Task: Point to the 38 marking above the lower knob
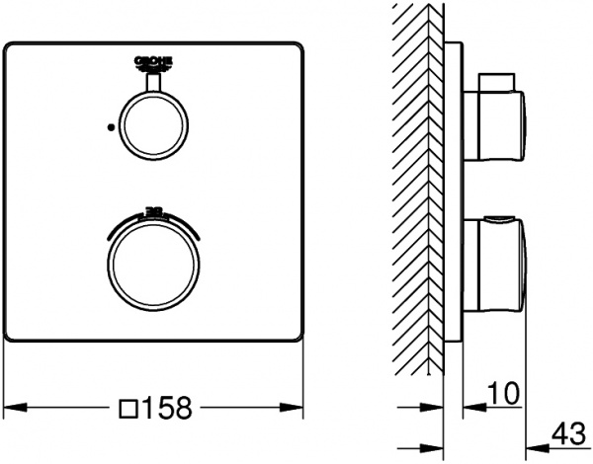click(153, 210)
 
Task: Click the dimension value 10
click(503, 394)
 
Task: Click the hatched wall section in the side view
click(420, 197)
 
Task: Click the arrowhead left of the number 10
click(470, 406)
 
